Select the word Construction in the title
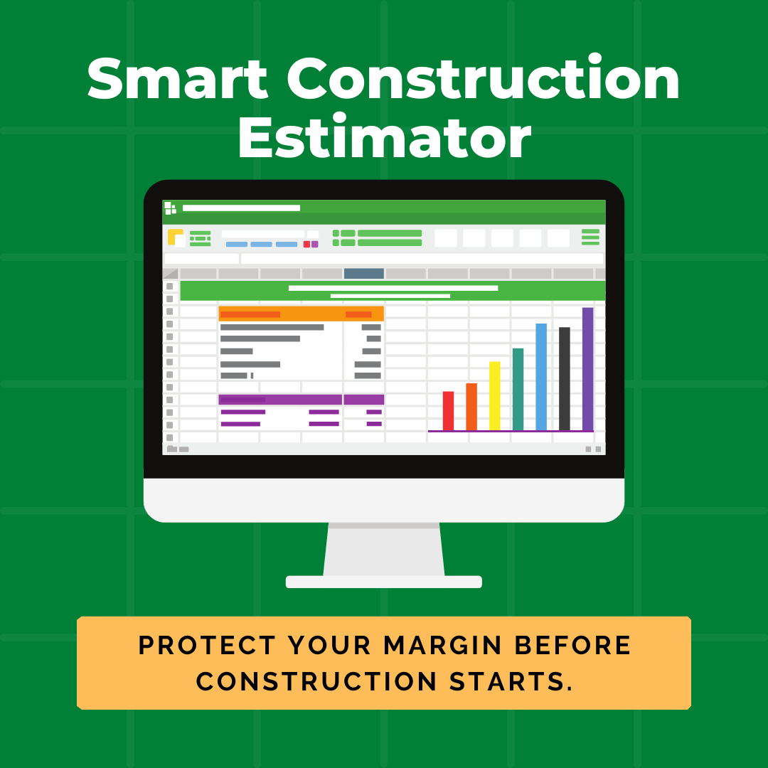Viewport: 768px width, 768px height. coord(484,80)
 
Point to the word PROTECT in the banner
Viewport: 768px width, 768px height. coord(206,646)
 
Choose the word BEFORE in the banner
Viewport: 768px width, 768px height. coord(572,646)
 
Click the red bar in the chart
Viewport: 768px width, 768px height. coord(448,411)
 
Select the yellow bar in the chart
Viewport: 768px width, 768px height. coord(494,396)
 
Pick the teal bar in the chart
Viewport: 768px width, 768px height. coord(518,389)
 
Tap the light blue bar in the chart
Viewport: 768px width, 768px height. coord(541,377)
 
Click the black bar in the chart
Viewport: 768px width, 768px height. coord(565,378)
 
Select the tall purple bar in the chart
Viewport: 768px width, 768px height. coord(587,368)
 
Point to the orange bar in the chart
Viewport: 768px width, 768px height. coord(471,407)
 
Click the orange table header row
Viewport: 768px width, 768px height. coord(301,314)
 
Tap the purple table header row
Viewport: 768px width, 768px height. coord(301,400)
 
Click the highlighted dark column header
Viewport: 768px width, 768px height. coord(363,273)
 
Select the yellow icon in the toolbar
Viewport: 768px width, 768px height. coord(175,237)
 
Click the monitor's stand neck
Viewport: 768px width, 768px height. coord(384,549)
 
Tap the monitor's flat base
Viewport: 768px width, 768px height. coord(384,582)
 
